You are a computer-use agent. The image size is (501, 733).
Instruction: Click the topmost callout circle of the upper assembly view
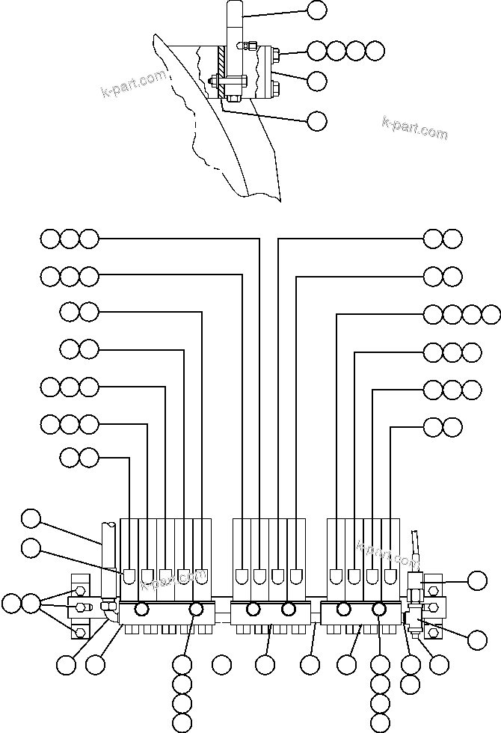[317, 10]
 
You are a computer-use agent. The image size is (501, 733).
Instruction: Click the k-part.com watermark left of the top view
[133, 85]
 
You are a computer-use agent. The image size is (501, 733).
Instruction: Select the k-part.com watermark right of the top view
[414, 129]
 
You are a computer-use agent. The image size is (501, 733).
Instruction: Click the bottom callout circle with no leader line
[221, 663]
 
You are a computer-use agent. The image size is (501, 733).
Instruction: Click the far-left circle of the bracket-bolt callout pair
[11, 603]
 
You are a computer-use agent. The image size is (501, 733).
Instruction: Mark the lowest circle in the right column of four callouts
[381, 723]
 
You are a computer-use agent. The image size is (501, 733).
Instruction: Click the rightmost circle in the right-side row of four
[491, 313]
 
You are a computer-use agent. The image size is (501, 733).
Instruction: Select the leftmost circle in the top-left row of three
[50, 239]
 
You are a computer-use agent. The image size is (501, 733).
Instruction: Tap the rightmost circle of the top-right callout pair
[452, 239]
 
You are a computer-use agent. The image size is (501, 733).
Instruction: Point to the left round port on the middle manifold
[253, 609]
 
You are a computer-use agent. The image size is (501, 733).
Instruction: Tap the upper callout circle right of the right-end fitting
[476, 580]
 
